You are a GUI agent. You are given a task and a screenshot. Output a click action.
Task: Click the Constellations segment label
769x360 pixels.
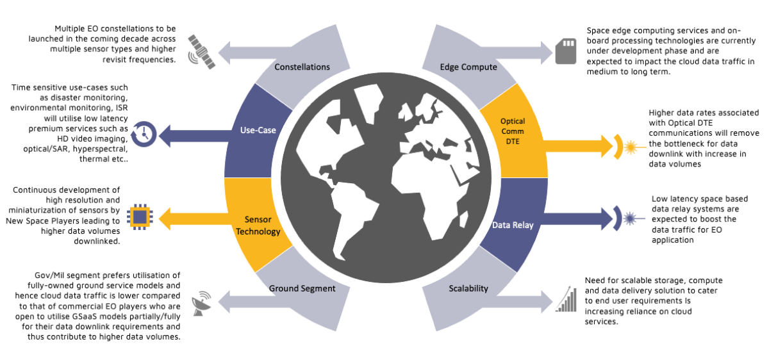click(x=302, y=67)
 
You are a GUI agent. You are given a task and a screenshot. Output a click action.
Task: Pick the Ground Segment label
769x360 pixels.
click(x=302, y=288)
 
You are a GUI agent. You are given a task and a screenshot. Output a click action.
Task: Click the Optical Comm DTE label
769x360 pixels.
click(x=513, y=130)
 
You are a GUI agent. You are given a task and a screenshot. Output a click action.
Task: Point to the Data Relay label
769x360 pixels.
click(x=513, y=225)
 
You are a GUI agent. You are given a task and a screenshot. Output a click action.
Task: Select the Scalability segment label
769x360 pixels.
click(x=467, y=288)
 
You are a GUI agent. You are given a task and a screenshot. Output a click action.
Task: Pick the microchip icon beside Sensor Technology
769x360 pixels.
click(x=139, y=218)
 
